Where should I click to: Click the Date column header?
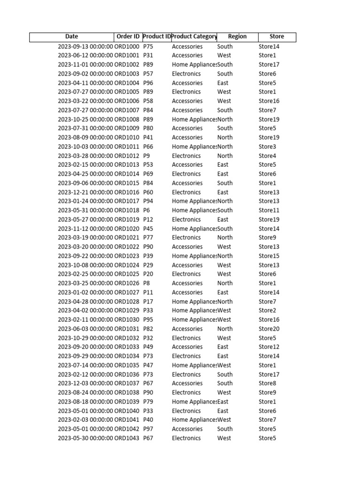(72, 37)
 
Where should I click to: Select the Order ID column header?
(127, 37)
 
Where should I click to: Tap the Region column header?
(237, 37)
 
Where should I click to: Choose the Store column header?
(277, 37)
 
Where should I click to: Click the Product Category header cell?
(194, 37)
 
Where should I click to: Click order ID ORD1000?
(127, 47)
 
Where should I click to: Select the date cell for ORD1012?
(86, 155)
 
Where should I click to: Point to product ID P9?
(147, 155)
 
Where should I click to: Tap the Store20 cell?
(269, 329)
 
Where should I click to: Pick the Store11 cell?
(269, 210)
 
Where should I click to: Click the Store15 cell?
(269, 256)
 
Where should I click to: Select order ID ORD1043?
(127, 438)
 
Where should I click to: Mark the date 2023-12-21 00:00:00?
(86, 192)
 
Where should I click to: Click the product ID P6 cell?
(147, 210)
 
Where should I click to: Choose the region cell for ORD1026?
(225, 283)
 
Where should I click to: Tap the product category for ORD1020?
(194, 229)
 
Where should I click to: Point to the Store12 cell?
(269, 347)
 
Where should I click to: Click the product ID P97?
(148, 429)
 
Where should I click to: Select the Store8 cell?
(267, 383)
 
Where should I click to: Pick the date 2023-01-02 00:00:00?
(86, 292)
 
